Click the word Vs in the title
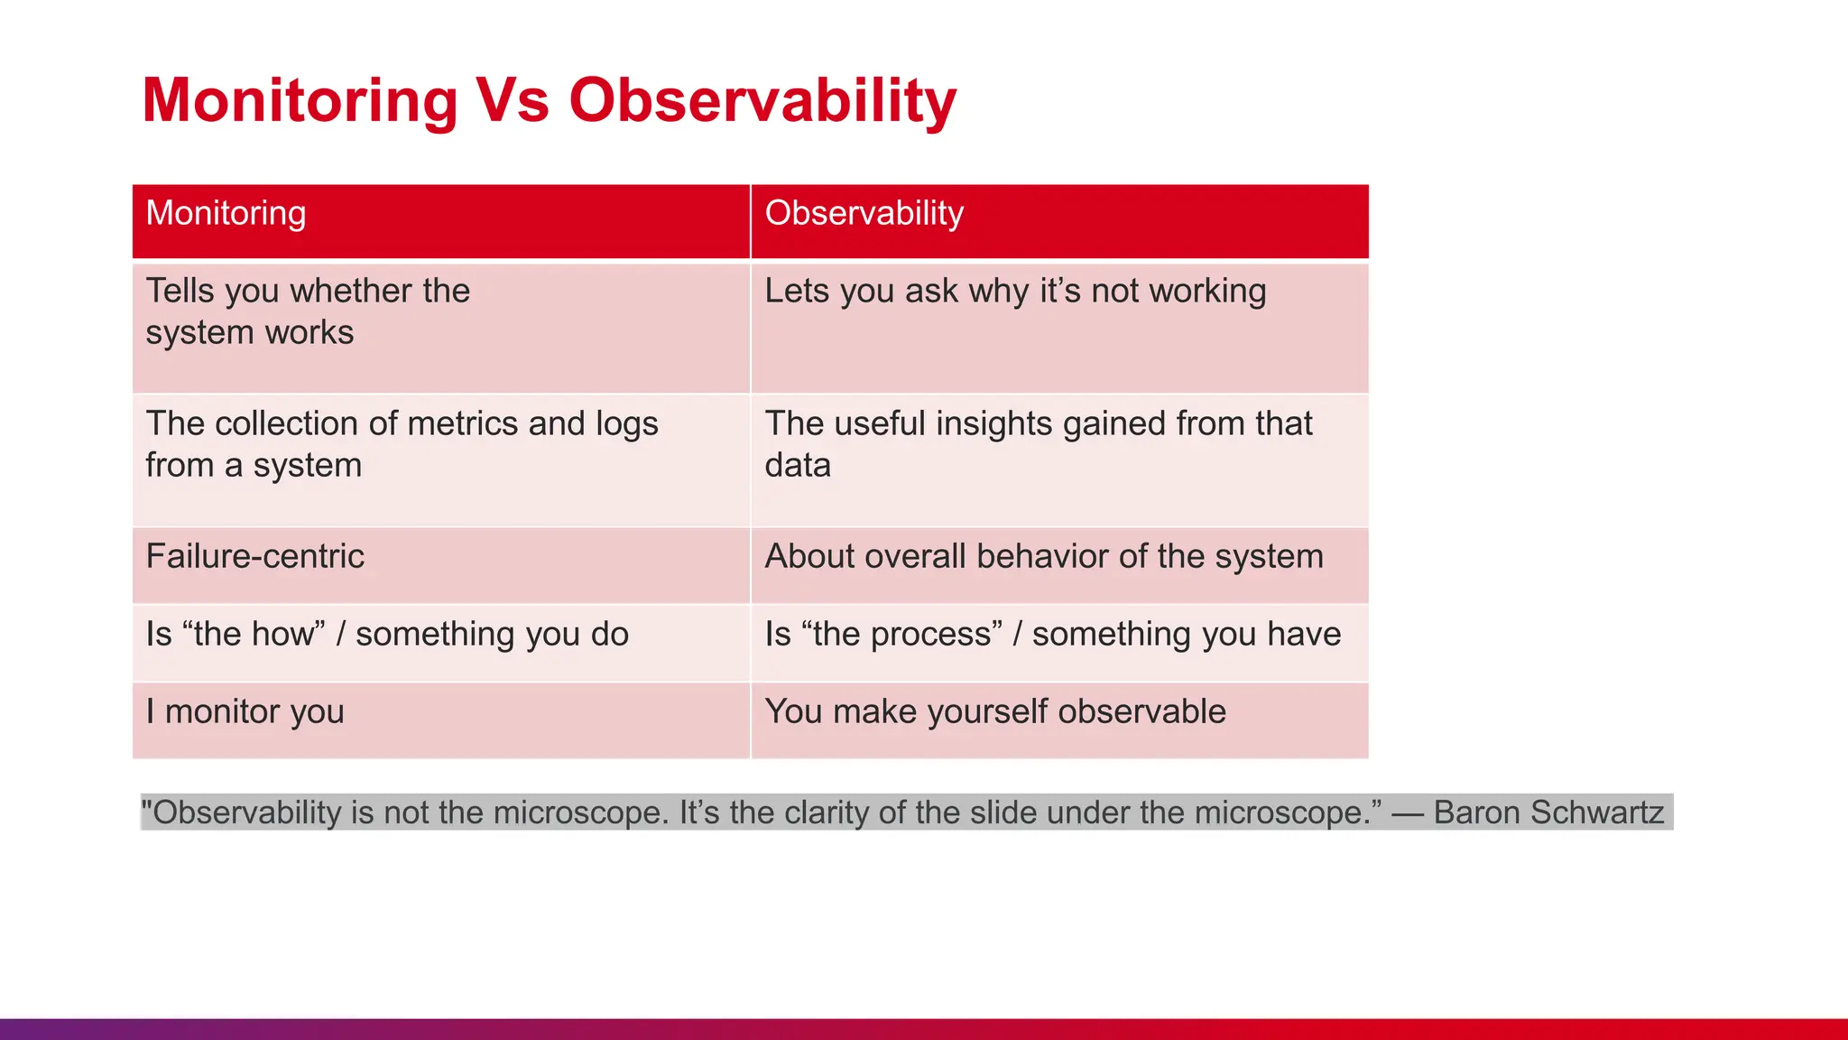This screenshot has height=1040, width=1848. [513, 100]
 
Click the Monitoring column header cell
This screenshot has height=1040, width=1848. [440, 221]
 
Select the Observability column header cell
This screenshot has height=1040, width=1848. [1059, 221]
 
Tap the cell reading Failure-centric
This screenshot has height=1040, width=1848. [440, 564]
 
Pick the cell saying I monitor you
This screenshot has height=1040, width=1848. [440, 720]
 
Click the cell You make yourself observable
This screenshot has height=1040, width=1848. [1059, 720]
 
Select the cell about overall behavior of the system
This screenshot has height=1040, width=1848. [1059, 564]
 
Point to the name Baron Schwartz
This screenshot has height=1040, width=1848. [1548, 812]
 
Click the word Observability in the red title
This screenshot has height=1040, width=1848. [762, 100]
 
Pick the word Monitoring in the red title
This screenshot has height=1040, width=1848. [300, 100]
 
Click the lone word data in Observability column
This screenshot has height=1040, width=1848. [798, 466]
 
